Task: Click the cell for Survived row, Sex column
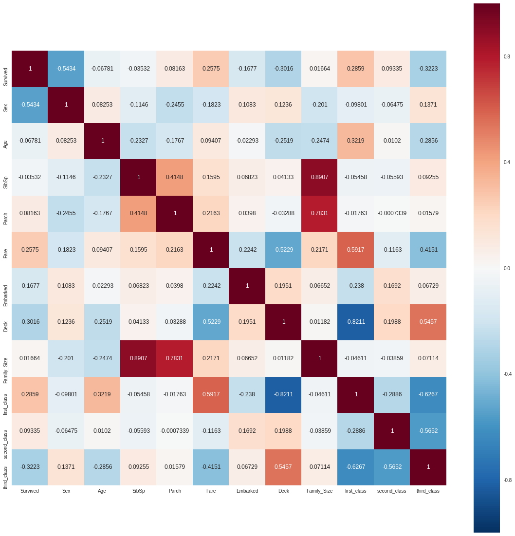point(66,69)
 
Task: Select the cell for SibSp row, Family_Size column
point(320,177)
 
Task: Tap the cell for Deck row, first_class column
point(356,322)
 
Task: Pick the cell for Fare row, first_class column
point(356,250)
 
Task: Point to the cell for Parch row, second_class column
point(392,213)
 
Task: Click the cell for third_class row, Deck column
point(283,467)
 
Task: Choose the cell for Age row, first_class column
point(356,141)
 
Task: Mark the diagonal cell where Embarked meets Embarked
point(247,286)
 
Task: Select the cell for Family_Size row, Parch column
point(175,358)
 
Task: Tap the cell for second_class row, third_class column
point(428,431)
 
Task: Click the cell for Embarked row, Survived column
point(30,286)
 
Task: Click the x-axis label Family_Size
point(320,491)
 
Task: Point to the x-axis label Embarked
point(247,491)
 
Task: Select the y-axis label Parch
point(5,213)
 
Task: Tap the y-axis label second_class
point(5,431)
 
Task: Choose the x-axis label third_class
point(428,491)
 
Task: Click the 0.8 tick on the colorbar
point(507,56)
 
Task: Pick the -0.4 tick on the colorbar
point(507,374)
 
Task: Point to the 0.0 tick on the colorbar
point(507,268)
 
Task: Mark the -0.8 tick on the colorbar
point(507,480)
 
